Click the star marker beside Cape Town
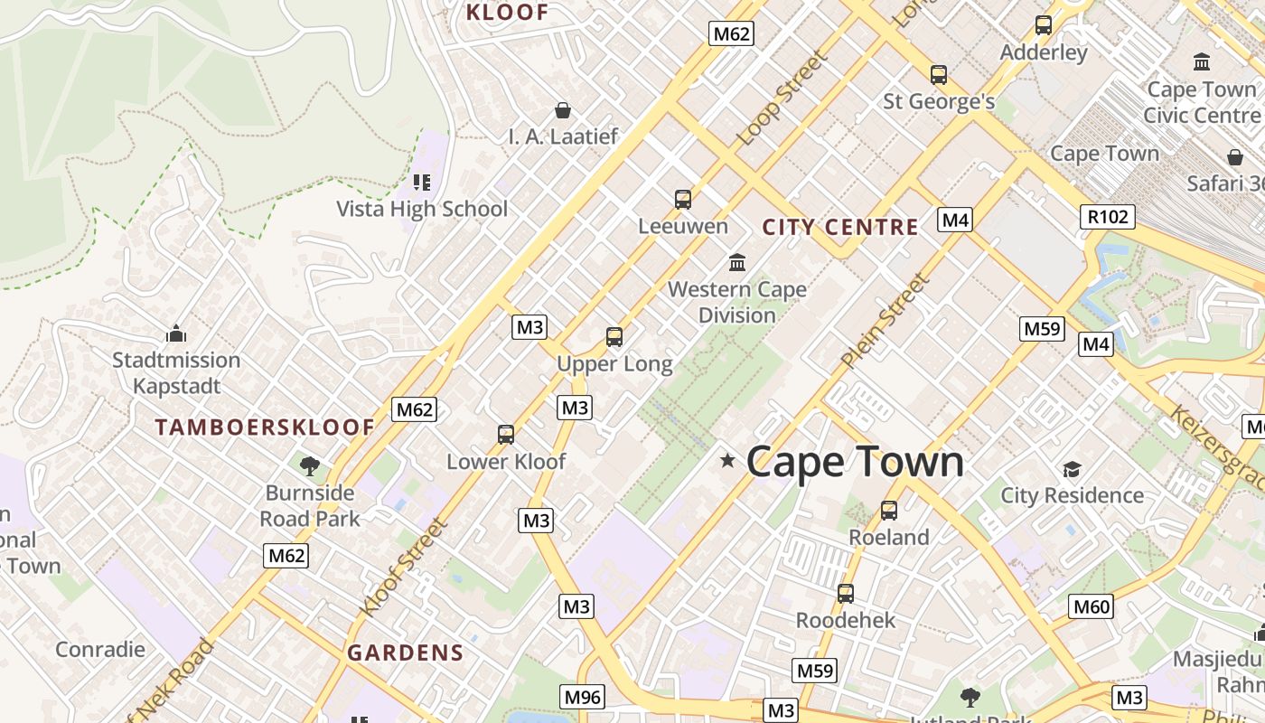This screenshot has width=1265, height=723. (727, 461)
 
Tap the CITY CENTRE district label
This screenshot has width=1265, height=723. (840, 227)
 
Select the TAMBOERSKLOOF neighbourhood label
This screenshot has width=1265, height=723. (264, 427)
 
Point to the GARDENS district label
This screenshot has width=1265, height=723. (406, 653)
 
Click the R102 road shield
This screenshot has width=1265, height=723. (1107, 217)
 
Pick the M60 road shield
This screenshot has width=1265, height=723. (1090, 606)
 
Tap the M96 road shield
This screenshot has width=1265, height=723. (582, 697)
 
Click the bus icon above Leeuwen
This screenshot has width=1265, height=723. (683, 200)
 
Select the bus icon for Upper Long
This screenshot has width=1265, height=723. (614, 337)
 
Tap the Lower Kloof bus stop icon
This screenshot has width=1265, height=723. (506, 435)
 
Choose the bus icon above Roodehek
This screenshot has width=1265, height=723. (846, 594)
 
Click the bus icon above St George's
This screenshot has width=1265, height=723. (939, 75)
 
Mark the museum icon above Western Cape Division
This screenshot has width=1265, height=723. (737, 263)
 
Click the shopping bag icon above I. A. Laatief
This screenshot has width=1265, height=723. (563, 110)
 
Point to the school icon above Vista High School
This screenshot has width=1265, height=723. (422, 183)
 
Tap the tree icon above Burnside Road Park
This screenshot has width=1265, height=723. (310, 466)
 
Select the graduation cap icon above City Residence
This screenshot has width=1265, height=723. (1072, 469)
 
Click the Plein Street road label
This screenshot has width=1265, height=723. (885, 322)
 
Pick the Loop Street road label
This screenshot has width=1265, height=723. (782, 99)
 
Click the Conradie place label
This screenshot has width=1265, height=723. (100, 649)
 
